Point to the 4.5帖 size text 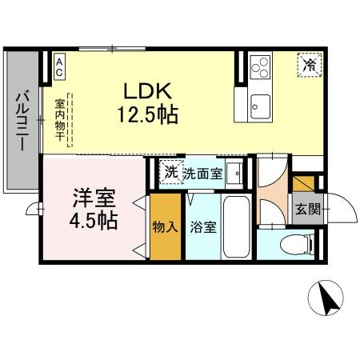94,219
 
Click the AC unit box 60,66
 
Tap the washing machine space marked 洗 170,172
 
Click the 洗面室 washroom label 202,173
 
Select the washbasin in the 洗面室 234,171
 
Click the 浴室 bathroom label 202,227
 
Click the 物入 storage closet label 166,226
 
